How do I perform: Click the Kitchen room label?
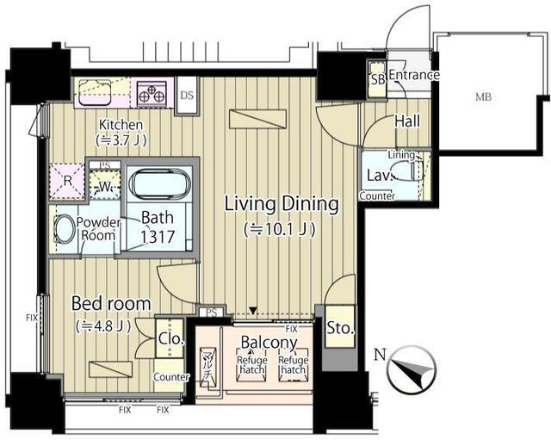(120, 125)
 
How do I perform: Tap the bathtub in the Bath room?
(162, 186)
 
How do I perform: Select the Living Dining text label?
(282, 204)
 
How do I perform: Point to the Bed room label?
(111, 304)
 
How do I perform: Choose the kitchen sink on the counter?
(94, 90)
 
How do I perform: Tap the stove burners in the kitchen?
(152, 91)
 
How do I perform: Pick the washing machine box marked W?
(105, 183)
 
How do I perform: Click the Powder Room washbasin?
(64, 229)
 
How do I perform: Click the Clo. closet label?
(170, 339)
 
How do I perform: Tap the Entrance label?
(414, 76)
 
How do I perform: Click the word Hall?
(407, 121)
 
